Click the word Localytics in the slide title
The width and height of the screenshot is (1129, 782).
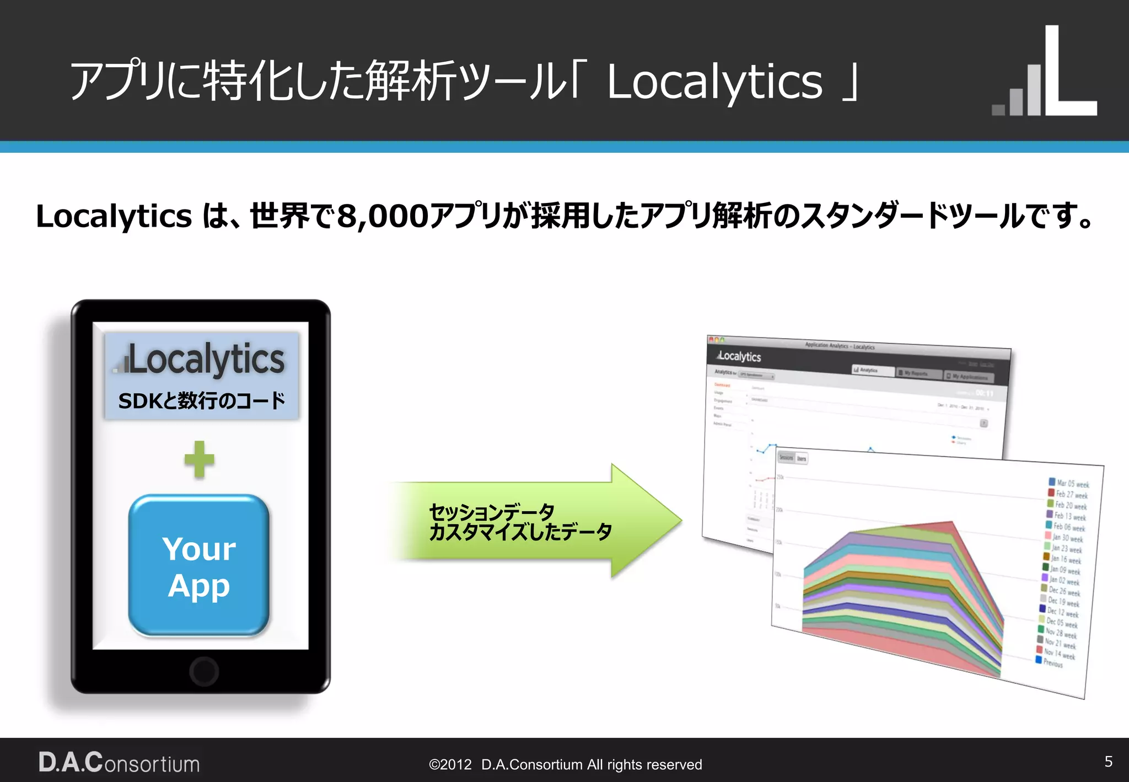714,82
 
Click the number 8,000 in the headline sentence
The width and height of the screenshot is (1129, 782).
383,216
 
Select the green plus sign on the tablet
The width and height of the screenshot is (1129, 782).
199,459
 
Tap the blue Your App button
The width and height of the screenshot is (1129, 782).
199,566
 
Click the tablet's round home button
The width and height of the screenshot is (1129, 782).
204,671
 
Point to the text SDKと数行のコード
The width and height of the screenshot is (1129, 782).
202,401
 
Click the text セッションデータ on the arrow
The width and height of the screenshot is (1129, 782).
491,512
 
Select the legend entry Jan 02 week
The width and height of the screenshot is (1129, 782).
1063,580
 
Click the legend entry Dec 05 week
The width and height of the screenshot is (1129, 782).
1061,622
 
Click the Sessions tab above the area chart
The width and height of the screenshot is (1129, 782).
786,458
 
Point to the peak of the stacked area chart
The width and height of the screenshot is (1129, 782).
951,522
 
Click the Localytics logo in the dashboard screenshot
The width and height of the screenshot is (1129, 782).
739,356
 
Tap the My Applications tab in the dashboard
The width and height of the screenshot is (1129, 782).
969,377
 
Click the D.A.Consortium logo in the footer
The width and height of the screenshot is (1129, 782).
119,763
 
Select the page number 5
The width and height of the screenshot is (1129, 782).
1109,762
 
